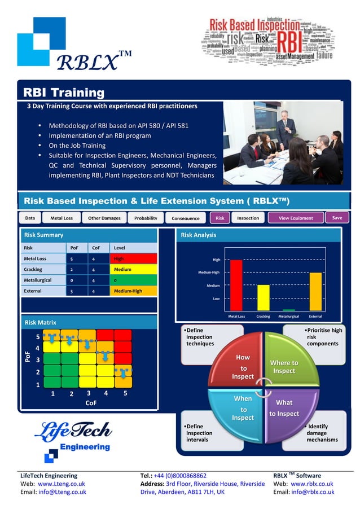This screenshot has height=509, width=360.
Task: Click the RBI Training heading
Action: (63, 93)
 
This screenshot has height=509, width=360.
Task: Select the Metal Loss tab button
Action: (61, 218)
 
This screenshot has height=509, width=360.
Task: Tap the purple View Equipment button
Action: (296, 218)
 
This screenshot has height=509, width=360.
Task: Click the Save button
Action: (337, 217)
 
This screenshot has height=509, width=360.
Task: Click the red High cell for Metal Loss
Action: (133, 258)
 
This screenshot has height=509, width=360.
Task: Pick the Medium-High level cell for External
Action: (133, 291)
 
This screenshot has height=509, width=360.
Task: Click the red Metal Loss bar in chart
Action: (236, 285)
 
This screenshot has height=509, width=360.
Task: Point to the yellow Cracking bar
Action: (263, 297)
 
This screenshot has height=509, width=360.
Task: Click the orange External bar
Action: (315, 291)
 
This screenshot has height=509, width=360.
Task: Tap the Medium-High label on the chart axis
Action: (209, 273)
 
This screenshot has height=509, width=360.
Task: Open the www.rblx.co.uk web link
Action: (311, 484)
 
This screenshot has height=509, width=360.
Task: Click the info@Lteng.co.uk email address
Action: (62, 492)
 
